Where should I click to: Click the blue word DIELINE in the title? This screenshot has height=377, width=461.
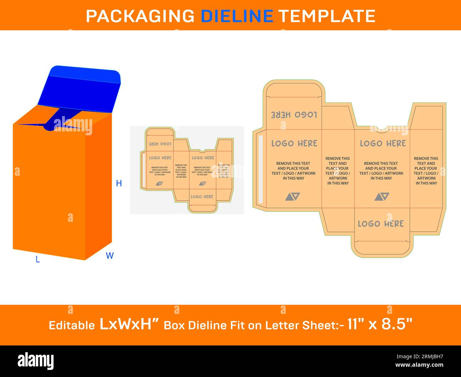[x=237, y=16]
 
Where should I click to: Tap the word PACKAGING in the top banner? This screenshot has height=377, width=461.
[x=140, y=16]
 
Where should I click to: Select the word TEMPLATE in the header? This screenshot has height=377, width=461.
[x=327, y=16]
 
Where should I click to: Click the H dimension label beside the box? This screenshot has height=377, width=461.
[x=119, y=183]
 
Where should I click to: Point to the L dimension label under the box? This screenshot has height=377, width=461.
[x=38, y=260]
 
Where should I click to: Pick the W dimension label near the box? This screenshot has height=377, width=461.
[x=110, y=255]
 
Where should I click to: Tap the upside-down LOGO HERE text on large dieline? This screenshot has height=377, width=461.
[x=294, y=115]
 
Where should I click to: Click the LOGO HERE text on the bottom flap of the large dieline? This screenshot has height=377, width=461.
[x=381, y=224]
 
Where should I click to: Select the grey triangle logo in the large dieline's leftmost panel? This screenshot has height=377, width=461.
[x=293, y=197]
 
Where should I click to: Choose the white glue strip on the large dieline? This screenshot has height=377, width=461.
[x=261, y=169]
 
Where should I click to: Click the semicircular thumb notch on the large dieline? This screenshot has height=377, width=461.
[x=382, y=128]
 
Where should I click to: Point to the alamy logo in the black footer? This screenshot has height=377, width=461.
[x=36, y=361]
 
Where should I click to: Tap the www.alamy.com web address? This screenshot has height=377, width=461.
[x=419, y=365]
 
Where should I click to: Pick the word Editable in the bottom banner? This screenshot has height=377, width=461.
[x=72, y=325]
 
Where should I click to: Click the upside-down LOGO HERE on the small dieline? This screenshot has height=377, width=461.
[x=160, y=144]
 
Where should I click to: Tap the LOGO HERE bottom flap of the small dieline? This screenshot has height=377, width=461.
[x=202, y=197]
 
